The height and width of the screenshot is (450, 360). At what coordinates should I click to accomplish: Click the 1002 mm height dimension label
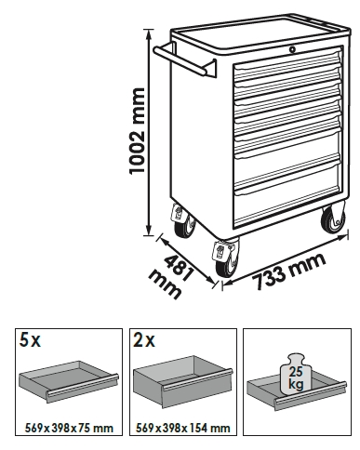137,131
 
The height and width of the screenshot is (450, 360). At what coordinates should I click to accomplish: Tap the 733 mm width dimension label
288,271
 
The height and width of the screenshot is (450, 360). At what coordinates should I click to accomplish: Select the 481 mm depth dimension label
170,276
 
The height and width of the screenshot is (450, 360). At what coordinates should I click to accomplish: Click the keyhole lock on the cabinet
292,49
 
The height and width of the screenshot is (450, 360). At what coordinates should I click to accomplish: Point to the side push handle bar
183,60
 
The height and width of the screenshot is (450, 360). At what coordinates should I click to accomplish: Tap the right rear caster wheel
333,219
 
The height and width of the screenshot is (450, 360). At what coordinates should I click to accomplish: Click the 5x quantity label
30,340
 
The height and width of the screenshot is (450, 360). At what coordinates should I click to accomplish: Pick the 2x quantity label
143,340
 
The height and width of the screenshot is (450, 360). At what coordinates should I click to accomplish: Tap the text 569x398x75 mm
69,428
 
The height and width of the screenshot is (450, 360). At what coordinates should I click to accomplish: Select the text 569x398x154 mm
183,428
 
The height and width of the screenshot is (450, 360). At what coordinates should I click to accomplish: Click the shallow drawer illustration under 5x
69,381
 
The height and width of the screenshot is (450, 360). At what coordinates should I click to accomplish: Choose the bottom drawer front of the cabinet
287,205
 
